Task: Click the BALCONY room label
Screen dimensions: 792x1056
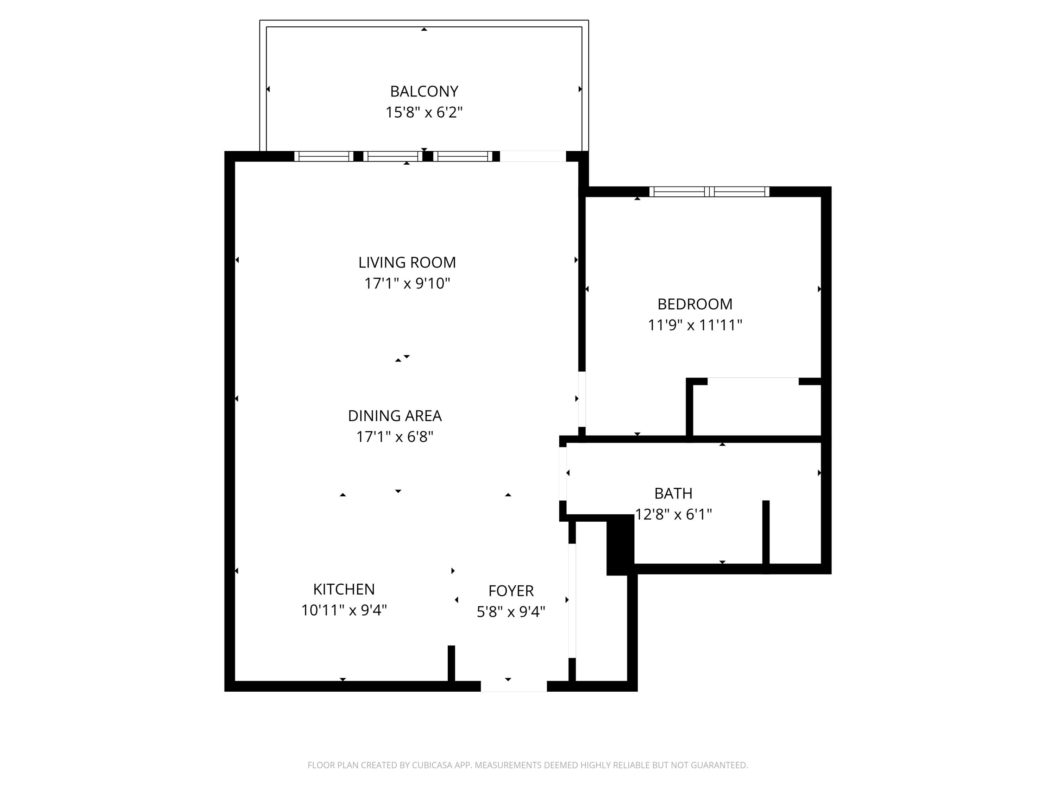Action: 424,91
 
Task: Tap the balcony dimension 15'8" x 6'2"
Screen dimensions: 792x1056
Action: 424,113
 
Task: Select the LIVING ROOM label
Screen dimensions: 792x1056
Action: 407,263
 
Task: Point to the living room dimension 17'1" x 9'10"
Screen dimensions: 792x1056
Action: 407,284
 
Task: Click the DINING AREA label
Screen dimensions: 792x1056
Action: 395,416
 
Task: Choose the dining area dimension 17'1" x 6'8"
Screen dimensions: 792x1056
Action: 395,437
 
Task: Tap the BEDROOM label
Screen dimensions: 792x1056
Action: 694,304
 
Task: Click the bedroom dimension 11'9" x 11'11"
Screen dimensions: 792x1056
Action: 694,325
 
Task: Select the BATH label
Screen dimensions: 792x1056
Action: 673,493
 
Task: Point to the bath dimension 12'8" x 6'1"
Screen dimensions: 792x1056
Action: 673,514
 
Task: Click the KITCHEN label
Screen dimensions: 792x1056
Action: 344,590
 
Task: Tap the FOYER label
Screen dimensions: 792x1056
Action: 511,591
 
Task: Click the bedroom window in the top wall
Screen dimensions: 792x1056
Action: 709,192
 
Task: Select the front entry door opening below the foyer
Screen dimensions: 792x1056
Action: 514,686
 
